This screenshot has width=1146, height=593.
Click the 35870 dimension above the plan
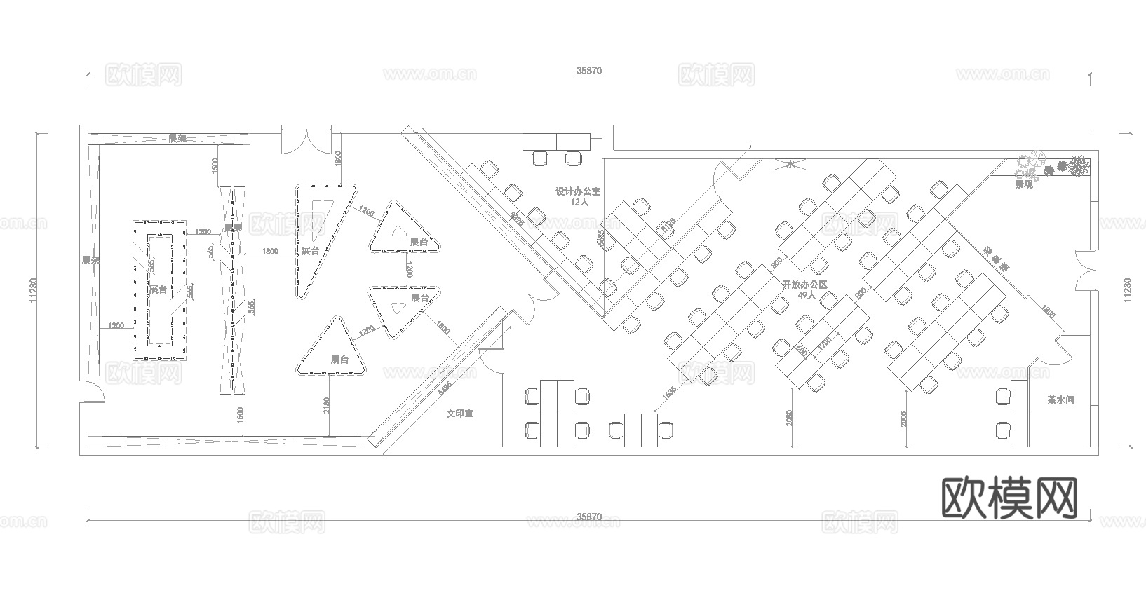(589, 70)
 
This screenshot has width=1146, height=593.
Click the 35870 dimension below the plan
(589, 517)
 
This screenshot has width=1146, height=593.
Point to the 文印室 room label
(460, 414)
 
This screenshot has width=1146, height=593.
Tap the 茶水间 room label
(1060, 401)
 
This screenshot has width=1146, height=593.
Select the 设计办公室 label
(578, 191)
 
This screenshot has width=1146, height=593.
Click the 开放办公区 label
(806, 285)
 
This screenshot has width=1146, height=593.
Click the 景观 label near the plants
(1024, 184)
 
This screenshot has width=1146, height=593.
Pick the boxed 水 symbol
(790, 165)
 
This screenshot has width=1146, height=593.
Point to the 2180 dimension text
(327, 407)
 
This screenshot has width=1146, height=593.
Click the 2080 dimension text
(790, 418)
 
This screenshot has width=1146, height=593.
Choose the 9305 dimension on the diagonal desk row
(517, 219)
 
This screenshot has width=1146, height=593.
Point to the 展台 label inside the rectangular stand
(158, 289)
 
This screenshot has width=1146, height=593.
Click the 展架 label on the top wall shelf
(177, 138)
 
